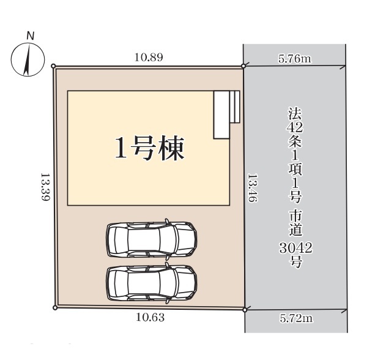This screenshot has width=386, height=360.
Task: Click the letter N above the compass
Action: point(30,36)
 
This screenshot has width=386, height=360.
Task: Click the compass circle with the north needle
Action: point(28,59)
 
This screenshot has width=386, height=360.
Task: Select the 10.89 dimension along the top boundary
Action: point(149,58)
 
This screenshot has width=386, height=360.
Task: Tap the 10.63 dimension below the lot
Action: point(150,318)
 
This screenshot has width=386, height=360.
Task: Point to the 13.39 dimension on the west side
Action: point(45,187)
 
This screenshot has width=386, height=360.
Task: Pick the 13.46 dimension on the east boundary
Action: point(252,188)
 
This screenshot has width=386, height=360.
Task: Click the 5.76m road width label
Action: point(295,59)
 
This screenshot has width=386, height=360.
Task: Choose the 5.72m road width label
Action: point(296,318)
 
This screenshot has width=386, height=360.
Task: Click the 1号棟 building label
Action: point(150,148)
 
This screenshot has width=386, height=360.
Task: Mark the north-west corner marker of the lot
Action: point(53,66)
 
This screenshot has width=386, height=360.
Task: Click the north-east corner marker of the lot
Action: point(243,66)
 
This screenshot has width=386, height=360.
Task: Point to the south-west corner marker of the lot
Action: point(55,307)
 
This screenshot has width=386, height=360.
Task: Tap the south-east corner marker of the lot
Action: point(245,310)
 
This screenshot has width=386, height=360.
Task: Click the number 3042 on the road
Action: point(295,248)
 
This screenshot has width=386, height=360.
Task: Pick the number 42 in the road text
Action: point(295,127)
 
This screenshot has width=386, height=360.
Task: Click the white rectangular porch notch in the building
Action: point(221,115)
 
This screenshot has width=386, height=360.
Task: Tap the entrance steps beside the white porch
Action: point(235,107)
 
